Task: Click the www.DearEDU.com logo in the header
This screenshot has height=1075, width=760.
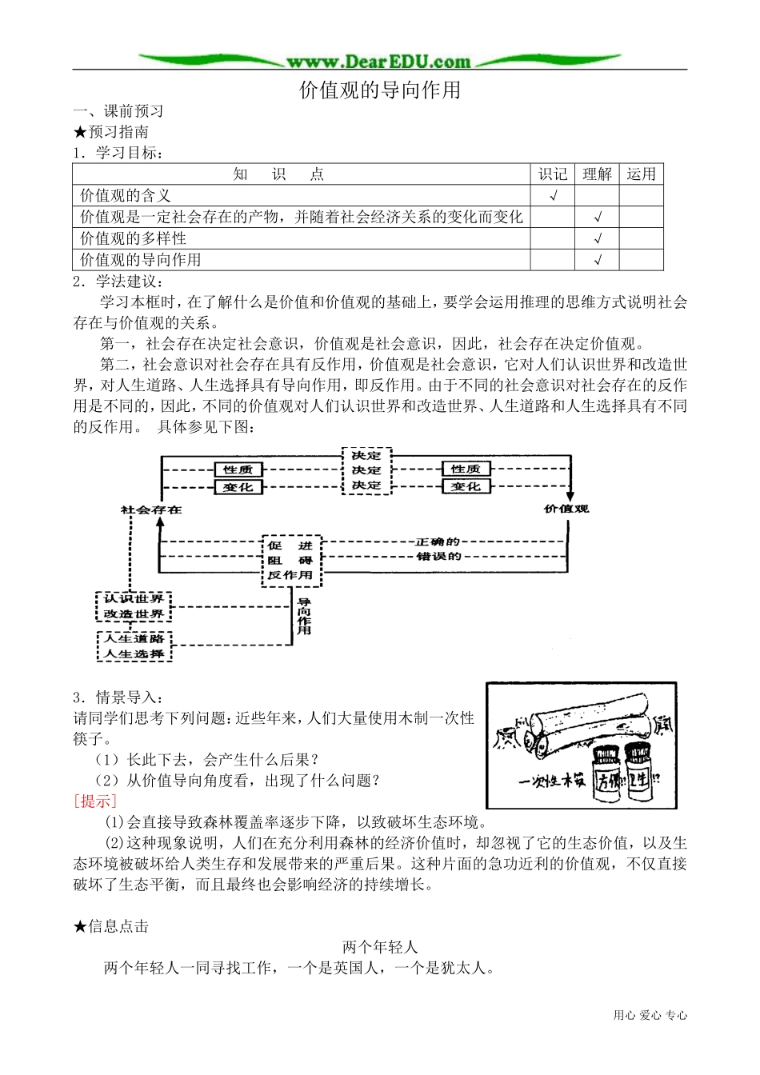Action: pos(379,62)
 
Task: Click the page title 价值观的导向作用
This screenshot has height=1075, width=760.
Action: pos(380,90)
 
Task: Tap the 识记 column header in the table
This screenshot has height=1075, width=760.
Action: pos(552,174)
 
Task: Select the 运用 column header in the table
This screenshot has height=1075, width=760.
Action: pos(641,174)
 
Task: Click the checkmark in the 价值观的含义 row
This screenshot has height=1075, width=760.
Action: pos(553,196)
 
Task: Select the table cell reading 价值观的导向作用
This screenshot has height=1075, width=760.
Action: pos(141,260)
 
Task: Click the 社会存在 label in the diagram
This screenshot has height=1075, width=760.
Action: pos(151,510)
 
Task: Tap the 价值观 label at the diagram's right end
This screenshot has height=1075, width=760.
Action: pos(566,509)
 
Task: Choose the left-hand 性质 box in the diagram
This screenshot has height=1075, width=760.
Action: pos(238,470)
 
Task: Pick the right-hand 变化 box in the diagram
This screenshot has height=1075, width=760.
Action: pos(466,486)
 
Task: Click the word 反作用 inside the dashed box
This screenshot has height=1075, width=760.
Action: pos(290,575)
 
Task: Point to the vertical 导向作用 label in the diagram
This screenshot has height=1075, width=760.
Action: pos(304,616)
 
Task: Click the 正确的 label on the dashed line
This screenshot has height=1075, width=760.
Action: pos(438,542)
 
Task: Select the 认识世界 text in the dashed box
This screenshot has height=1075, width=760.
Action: pos(134,599)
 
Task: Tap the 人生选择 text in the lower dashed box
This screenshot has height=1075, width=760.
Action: pos(134,654)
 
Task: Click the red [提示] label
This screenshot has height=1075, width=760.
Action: pos(95,801)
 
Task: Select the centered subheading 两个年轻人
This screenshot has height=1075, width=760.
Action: pos(380,947)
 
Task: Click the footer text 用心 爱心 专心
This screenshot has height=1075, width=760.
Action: pos(650,1016)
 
